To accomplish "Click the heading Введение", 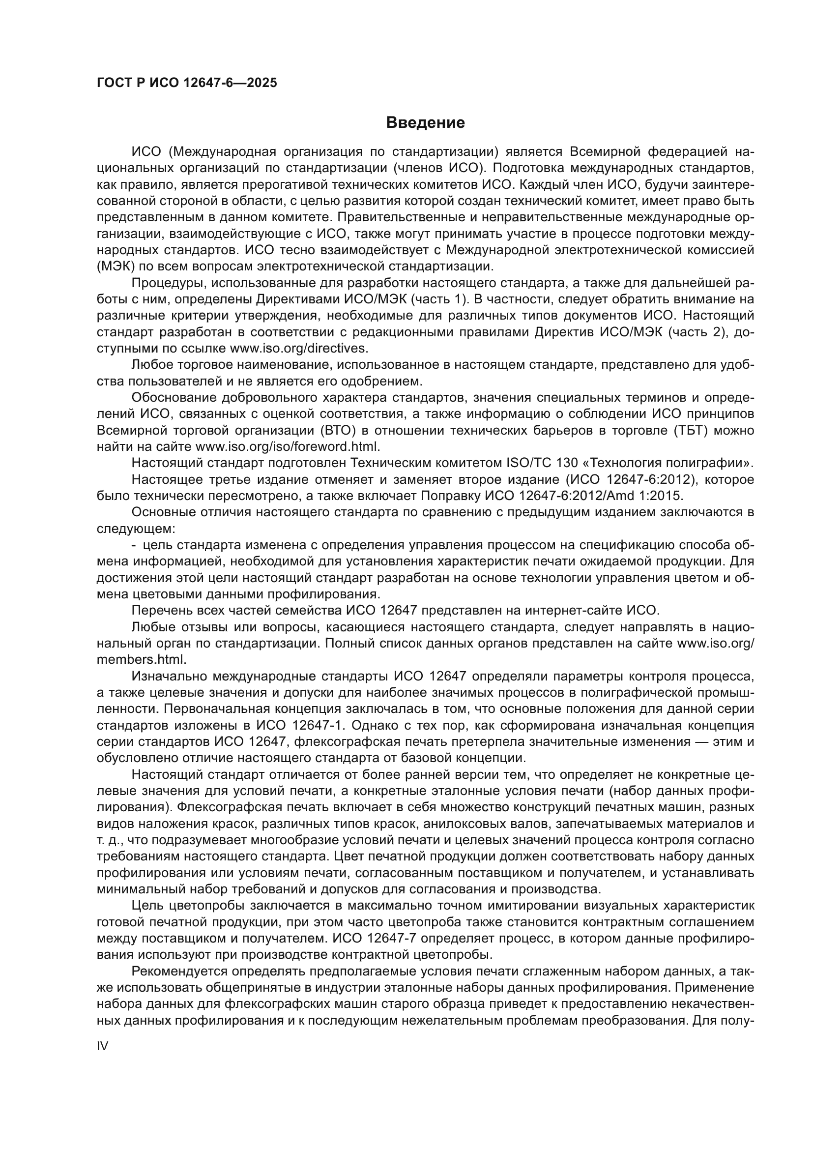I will [x=425, y=123].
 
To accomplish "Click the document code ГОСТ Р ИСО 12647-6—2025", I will [x=187, y=83].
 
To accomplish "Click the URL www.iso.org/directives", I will [x=298, y=348].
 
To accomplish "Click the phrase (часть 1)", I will [x=439, y=299].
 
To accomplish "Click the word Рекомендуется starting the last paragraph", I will [x=168, y=972].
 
